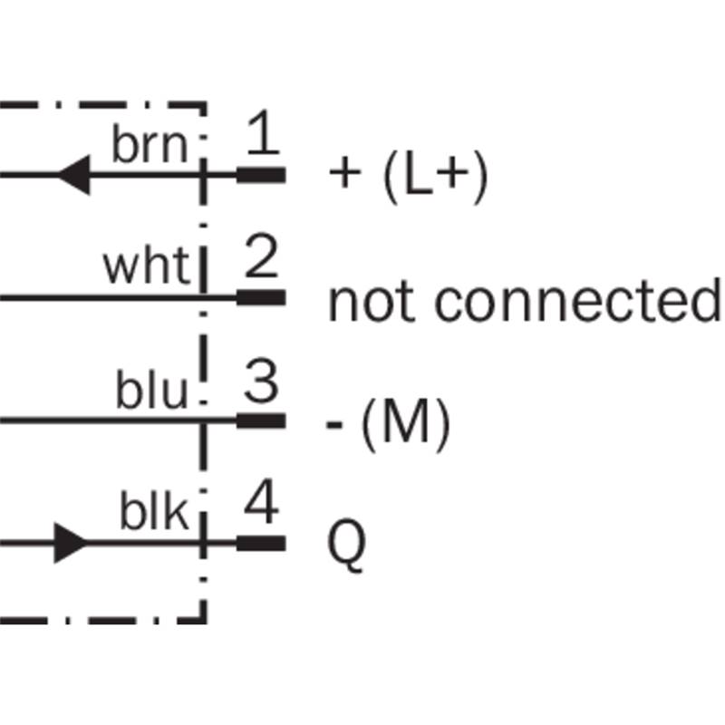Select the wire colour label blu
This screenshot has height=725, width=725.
(x=151, y=389)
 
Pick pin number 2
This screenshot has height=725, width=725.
(x=261, y=256)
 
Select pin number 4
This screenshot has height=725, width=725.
(x=262, y=502)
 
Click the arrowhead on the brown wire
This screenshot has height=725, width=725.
(x=74, y=175)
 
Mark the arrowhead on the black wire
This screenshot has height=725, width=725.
(x=71, y=543)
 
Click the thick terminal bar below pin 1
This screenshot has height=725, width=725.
(x=261, y=175)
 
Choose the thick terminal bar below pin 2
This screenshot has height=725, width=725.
(x=261, y=298)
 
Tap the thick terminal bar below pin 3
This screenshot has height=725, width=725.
(x=261, y=420)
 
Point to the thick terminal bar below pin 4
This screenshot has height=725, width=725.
(x=261, y=543)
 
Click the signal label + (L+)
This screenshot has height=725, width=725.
(x=409, y=176)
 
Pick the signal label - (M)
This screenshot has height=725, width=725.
(x=388, y=424)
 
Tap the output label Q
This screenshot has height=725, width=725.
(x=346, y=546)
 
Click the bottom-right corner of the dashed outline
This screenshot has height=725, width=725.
(x=204, y=621)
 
